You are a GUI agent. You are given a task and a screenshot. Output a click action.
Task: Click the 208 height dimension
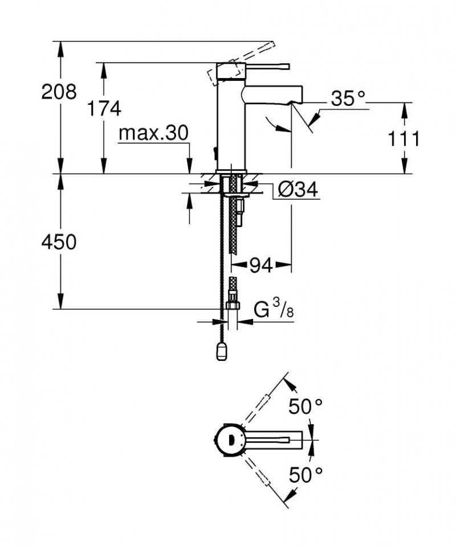[x=59, y=92]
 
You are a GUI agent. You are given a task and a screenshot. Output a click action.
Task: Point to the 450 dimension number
[x=59, y=243]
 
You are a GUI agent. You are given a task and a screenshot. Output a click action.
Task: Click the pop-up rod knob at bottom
[x=222, y=352]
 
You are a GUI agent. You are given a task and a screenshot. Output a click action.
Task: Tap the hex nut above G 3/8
[x=232, y=305]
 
